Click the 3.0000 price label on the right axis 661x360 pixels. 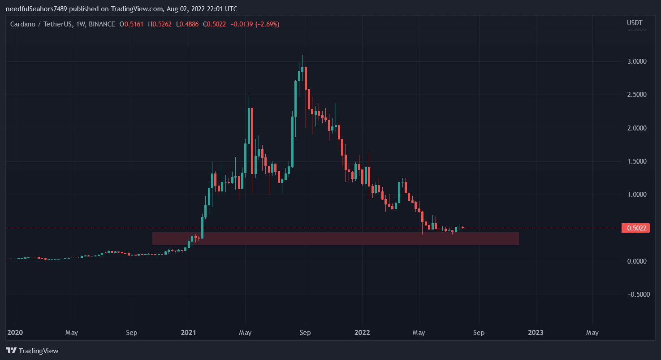636,61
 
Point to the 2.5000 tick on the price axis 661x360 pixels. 636,95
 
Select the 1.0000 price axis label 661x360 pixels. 636,195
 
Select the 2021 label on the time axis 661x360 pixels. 188,333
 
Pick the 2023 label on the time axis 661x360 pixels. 536,333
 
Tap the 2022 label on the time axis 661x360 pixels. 362,333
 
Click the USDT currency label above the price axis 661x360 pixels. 635,23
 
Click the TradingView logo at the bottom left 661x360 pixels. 32,351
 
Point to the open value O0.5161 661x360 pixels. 131,24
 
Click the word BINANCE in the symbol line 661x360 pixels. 102,24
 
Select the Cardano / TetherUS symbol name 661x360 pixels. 42,24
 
